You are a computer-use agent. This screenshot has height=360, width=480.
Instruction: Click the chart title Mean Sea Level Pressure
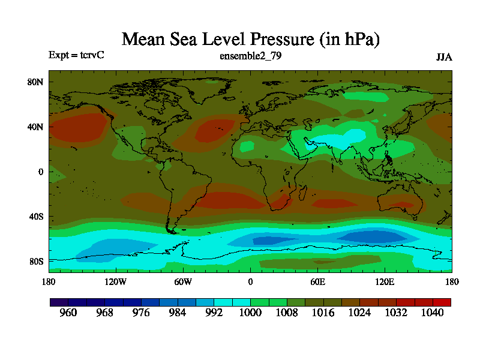(251, 40)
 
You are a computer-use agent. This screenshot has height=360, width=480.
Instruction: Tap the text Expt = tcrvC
(76, 55)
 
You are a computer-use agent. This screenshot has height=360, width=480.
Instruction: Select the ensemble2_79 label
(251, 56)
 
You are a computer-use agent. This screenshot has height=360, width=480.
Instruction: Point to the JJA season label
(444, 58)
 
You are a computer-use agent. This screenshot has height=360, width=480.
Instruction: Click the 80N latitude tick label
(36, 82)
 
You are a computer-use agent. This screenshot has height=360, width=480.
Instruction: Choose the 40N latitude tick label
(36, 127)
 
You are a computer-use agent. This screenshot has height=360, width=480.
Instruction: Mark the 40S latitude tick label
(36, 217)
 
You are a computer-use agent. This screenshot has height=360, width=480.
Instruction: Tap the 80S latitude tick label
(36, 262)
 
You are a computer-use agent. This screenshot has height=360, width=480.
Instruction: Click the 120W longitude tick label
(116, 281)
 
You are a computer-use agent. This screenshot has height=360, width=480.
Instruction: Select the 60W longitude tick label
(183, 281)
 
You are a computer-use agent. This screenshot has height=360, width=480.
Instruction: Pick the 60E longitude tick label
(317, 281)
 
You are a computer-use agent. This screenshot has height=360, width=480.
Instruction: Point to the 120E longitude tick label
(385, 281)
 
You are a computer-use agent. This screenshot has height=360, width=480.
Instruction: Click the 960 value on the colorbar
(68, 313)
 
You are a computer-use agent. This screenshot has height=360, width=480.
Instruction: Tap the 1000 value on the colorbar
(250, 313)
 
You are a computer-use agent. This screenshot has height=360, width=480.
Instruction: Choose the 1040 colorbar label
(432, 313)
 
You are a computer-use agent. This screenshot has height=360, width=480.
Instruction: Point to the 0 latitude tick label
(41, 172)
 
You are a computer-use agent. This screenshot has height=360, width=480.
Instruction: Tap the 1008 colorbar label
(287, 313)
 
